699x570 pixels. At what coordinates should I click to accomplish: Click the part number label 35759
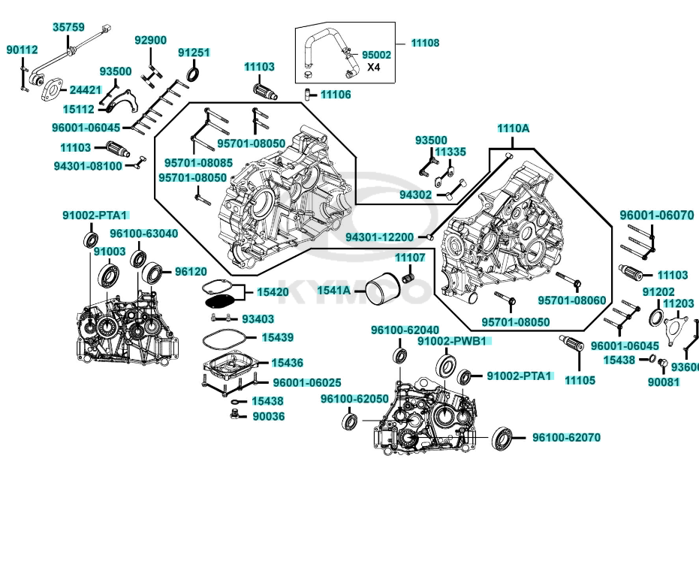pyautogui.click(x=68, y=27)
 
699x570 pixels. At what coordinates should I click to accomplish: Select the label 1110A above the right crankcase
pyautogui.click(x=513, y=128)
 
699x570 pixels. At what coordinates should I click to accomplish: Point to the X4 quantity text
pyautogui.click(x=373, y=67)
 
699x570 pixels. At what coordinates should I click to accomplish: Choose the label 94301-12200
pyautogui.click(x=379, y=237)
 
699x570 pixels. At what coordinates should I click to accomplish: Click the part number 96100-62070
pyautogui.click(x=566, y=437)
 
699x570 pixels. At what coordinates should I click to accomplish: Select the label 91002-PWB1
pyautogui.click(x=453, y=341)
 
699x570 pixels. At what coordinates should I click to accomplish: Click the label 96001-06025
pyautogui.click(x=306, y=383)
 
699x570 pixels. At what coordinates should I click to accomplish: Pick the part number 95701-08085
pyautogui.click(x=198, y=162)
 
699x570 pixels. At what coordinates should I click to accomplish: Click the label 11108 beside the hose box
pyautogui.click(x=425, y=43)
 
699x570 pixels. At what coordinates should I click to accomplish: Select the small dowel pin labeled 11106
pyautogui.click(x=308, y=94)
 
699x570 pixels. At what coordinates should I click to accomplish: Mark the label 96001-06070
pyautogui.click(x=656, y=215)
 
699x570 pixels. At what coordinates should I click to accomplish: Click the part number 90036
pyautogui.click(x=268, y=416)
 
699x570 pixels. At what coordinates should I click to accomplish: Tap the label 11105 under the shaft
pyautogui.click(x=580, y=380)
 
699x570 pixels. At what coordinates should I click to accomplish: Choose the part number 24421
pyautogui.click(x=85, y=90)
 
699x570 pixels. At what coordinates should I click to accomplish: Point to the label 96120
pyautogui.click(x=191, y=271)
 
